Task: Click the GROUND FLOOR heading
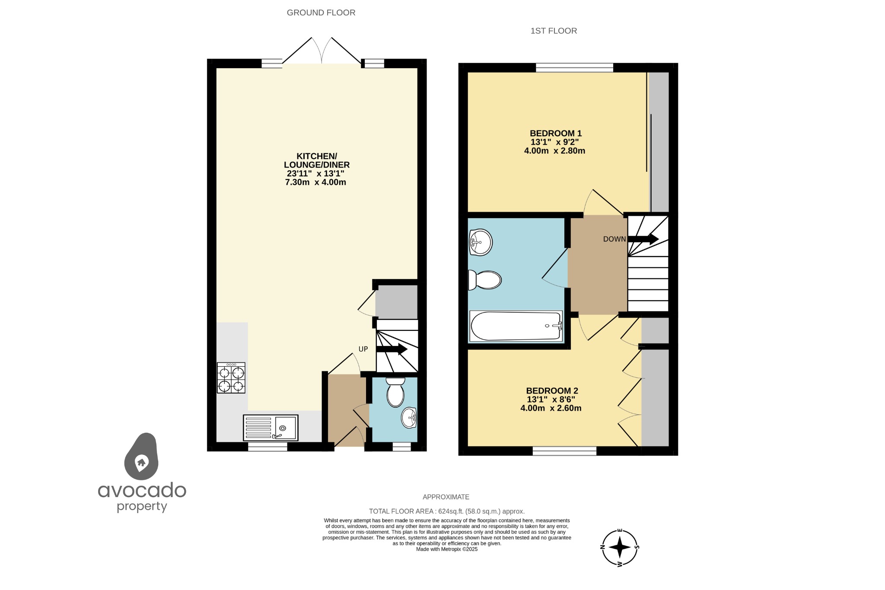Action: (x=321, y=13)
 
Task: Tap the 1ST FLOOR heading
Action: (x=554, y=31)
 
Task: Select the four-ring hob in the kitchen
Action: (x=231, y=378)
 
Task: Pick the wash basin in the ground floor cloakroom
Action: (x=409, y=418)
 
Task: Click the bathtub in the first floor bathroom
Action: (x=516, y=326)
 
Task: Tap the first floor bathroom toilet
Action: (x=485, y=280)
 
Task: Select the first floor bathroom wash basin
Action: (x=480, y=242)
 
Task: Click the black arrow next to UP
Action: (x=392, y=349)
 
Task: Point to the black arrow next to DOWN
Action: (x=643, y=239)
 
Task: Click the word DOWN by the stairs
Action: (x=614, y=239)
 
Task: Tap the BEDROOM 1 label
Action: (x=556, y=133)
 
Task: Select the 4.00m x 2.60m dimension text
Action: (x=551, y=408)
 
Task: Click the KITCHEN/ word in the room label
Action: (x=317, y=156)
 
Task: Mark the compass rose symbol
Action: (x=620, y=547)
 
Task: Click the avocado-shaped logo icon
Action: (x=141, y=457)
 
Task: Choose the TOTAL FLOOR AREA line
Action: (x=446, y=511)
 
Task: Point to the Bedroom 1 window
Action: (x=574, y=67)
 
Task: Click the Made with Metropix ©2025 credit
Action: (x=446, y=549)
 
